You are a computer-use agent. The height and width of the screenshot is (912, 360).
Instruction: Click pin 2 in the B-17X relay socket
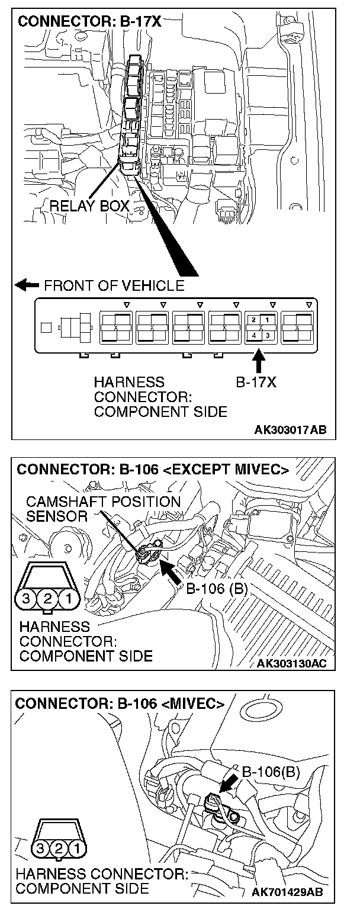(x=253, y=320)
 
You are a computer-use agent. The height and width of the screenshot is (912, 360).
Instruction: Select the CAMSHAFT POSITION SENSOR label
(x=103, y=509)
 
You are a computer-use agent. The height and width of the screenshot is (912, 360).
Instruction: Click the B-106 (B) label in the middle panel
(x=217, y=588)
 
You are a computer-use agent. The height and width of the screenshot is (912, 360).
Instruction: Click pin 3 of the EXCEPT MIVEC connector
(x=26, y=599)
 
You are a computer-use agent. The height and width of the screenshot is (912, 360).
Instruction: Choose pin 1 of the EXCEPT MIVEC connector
(x=69, y=599)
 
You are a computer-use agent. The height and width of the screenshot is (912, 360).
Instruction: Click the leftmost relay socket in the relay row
(x=115, y=327)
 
